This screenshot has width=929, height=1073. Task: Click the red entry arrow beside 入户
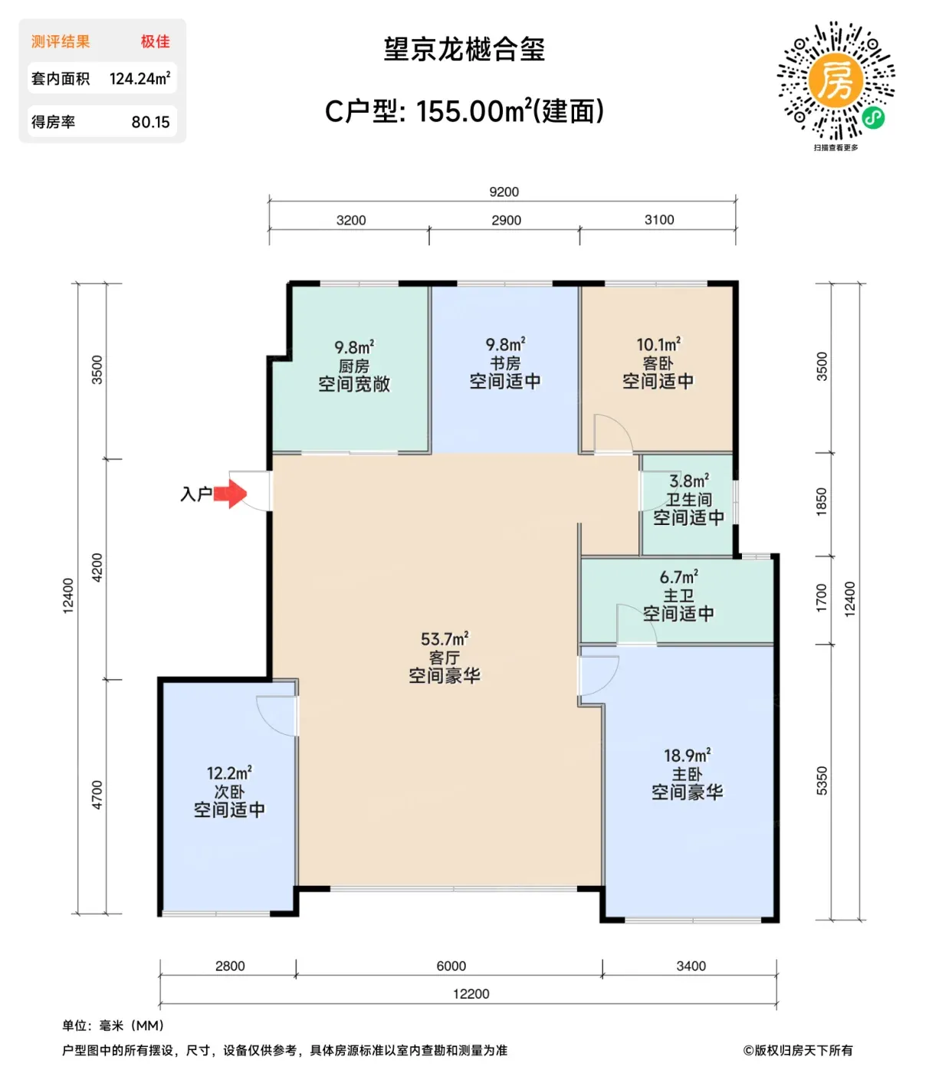229,494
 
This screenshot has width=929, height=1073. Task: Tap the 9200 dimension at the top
504,192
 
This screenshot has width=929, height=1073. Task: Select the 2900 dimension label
506,220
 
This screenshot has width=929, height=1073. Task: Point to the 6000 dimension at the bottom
451,966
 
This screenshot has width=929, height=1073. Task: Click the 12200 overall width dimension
471,993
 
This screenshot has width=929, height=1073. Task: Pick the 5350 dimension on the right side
821,780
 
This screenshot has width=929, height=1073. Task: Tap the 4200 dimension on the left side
97,567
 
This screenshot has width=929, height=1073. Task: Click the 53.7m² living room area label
445,638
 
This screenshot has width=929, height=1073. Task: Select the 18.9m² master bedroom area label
687,755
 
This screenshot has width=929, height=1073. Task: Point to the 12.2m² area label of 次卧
229,773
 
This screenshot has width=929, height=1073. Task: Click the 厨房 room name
353,366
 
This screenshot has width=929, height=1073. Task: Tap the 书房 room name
505,363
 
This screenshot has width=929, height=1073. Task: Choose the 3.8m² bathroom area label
688,481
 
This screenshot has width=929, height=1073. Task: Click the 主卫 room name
678,595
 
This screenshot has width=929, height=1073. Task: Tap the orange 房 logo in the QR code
835,80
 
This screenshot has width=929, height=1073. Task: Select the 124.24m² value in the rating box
140,78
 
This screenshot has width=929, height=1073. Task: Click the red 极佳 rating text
156,41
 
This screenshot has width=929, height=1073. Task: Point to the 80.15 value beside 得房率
150,122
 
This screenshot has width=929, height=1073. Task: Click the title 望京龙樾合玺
464,50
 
